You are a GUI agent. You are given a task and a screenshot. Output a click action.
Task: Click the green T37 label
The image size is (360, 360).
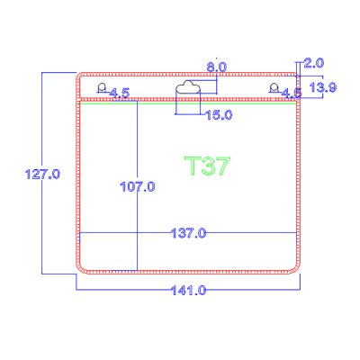[208, 167]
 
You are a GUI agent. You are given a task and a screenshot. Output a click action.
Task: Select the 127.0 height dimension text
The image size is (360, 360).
[43, 173]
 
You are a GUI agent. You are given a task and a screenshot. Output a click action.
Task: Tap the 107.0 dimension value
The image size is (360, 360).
[138, 187]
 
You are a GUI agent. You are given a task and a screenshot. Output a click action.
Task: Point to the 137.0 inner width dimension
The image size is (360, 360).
[189, 233]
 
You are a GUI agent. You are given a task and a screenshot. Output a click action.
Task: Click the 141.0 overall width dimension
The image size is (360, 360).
[189, 290]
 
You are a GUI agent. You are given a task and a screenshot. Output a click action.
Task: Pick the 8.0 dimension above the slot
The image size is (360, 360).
[216, 67]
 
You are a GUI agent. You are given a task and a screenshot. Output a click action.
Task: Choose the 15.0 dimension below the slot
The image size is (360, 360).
[220, 115]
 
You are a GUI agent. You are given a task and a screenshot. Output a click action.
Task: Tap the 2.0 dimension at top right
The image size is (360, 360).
[314, 63]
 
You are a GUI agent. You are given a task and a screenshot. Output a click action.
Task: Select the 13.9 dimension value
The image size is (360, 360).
[322, 87]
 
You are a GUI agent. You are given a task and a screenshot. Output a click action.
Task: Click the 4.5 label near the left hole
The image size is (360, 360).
[119, 93]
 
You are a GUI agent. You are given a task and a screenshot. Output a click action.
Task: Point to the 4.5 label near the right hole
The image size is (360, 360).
[292, 93]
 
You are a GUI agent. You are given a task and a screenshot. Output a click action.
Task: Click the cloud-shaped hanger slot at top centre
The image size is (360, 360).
[189, 87]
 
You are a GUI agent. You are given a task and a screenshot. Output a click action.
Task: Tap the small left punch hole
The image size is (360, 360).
[103, 87]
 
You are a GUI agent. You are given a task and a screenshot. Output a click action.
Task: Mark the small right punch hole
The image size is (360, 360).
[274, 86]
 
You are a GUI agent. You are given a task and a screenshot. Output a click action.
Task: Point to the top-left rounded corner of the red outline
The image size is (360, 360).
[81, 76]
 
